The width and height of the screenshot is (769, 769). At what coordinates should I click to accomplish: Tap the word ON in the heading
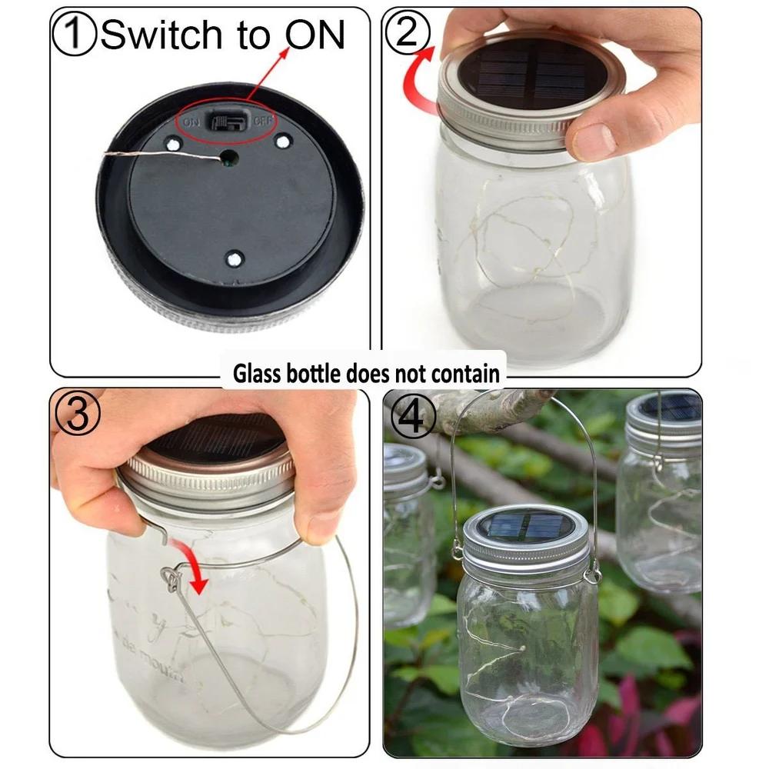click(315, 35)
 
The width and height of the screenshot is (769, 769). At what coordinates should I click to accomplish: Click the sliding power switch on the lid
click(226, 123)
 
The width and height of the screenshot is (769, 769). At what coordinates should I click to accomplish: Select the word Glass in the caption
click(257, 375)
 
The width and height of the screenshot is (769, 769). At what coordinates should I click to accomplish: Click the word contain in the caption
click(464, 375)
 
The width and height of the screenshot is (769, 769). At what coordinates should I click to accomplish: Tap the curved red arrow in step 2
click(419, 85)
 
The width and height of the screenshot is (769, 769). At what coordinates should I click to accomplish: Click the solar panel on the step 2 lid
click(531, 73)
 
